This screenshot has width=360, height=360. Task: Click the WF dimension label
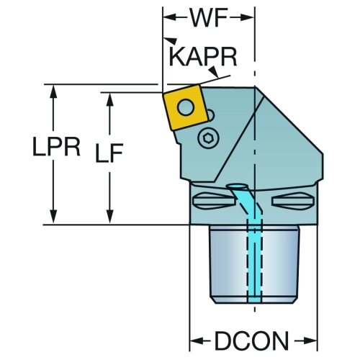pyautogui.click(x=208, y=18)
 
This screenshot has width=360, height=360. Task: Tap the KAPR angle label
pyautogui.click(x=203, y=57)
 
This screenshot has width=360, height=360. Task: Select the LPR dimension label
pyautogui.click(x=56, y=147)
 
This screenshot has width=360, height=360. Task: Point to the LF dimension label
pyautogui.click(x=109, y=153)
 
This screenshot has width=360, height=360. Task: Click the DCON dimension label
pyautogui.click(x=251, y=341)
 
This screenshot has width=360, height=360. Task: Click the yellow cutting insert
pyautogui.click(x=185, y=107)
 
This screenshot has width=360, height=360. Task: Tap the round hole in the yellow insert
pyautogui.click(x=186, y=107)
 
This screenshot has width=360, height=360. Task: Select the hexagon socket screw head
pyautogui.click(x=208, y=138)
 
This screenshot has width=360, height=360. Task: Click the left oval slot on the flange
pyautogui.click(x=213, y=201)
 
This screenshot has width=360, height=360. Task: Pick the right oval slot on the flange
pyautogui.click(x=292, y=201)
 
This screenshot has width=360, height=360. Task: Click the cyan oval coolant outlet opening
pyautogui.click(x=237, y=186)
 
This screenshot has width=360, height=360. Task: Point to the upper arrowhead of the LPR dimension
pyautogui.click(x=53, y=91)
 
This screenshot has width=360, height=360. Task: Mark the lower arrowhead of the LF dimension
pyautogui.click(x=109, y=216)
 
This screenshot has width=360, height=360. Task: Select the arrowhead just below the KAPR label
pyautogui.click(x=213, y=72)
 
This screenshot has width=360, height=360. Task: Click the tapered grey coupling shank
pyautogui.click(x=254, y=264)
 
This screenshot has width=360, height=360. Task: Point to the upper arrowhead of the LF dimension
pyautogui.click(x=109, y=99)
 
